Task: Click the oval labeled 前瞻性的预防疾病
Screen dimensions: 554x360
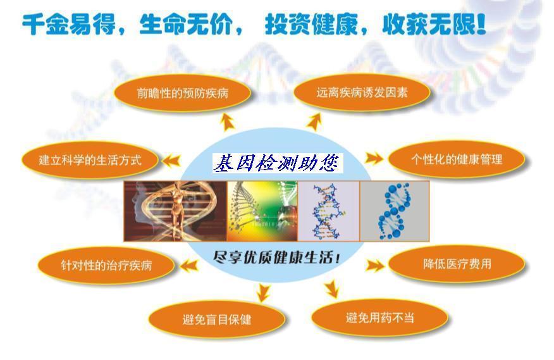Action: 182,93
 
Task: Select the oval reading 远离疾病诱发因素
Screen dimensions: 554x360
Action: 362,92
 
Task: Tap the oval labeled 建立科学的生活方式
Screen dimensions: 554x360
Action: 90,160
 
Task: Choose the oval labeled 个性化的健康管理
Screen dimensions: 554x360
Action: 457,159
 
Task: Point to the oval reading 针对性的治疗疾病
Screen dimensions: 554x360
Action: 106,265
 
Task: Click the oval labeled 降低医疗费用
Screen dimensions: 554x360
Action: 457,264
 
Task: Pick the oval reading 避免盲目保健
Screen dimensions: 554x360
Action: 216,320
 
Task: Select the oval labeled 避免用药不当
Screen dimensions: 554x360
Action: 379,318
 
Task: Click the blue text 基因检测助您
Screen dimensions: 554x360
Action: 278,163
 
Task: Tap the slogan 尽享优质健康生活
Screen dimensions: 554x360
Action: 276,257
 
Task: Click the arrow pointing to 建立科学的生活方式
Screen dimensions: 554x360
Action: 171,161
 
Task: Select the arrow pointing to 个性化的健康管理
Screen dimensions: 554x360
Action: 374,158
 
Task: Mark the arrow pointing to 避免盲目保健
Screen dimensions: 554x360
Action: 263,292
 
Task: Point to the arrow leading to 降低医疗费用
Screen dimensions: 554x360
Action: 374,266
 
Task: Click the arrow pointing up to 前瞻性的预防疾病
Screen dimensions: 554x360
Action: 228,122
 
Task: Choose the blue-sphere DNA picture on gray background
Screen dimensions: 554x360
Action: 395,211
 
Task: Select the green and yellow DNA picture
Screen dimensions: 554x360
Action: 262,211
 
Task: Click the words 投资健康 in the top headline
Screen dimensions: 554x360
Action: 311,25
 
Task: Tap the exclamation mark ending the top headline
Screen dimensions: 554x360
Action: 481,24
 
